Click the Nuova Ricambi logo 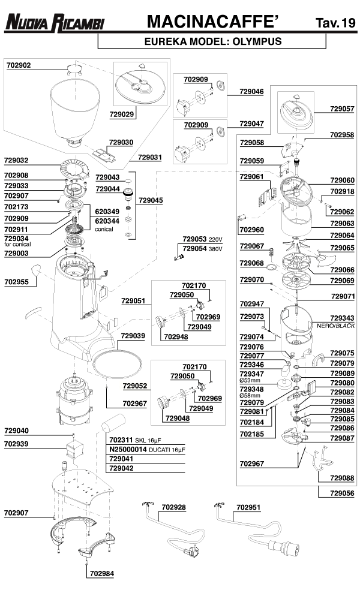click(x=54, y=23)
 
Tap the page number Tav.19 click(x=335, y=23)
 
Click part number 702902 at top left click(x=19, y=65)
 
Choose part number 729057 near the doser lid click(x=342, y=109)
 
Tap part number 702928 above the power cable click(x=173, y=507)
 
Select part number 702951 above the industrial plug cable click(x=248, y=507)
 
